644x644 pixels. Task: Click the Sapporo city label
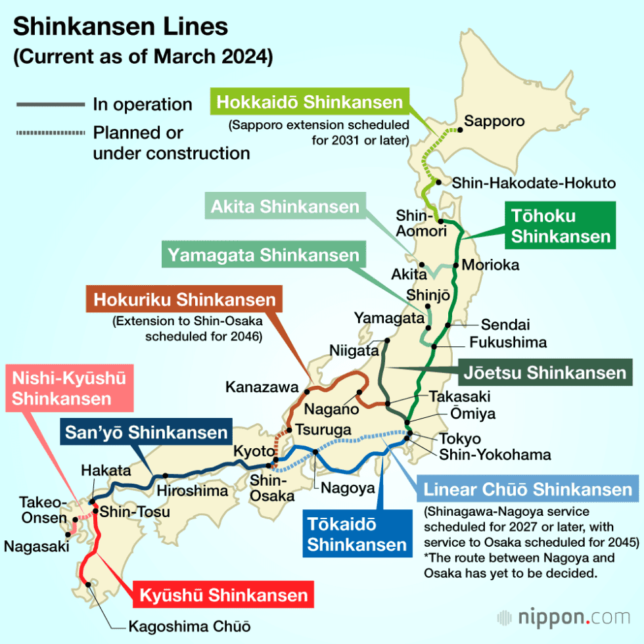pos(494,121)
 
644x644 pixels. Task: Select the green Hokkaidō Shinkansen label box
pos(309,103)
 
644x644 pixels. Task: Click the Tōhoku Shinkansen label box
pos(561,225)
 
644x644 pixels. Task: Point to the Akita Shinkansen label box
pos(285,207)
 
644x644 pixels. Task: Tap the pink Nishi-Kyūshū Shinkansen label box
pos(68,388)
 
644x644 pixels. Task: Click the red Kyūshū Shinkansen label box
pos(223,595)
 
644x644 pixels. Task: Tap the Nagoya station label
pos(348,488)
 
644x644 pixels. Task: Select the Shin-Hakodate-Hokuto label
pos(533,183)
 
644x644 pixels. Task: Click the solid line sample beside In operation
pos(49,104)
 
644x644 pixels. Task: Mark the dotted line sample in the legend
pos(49,133)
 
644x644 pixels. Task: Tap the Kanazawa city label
pos(262,387)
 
